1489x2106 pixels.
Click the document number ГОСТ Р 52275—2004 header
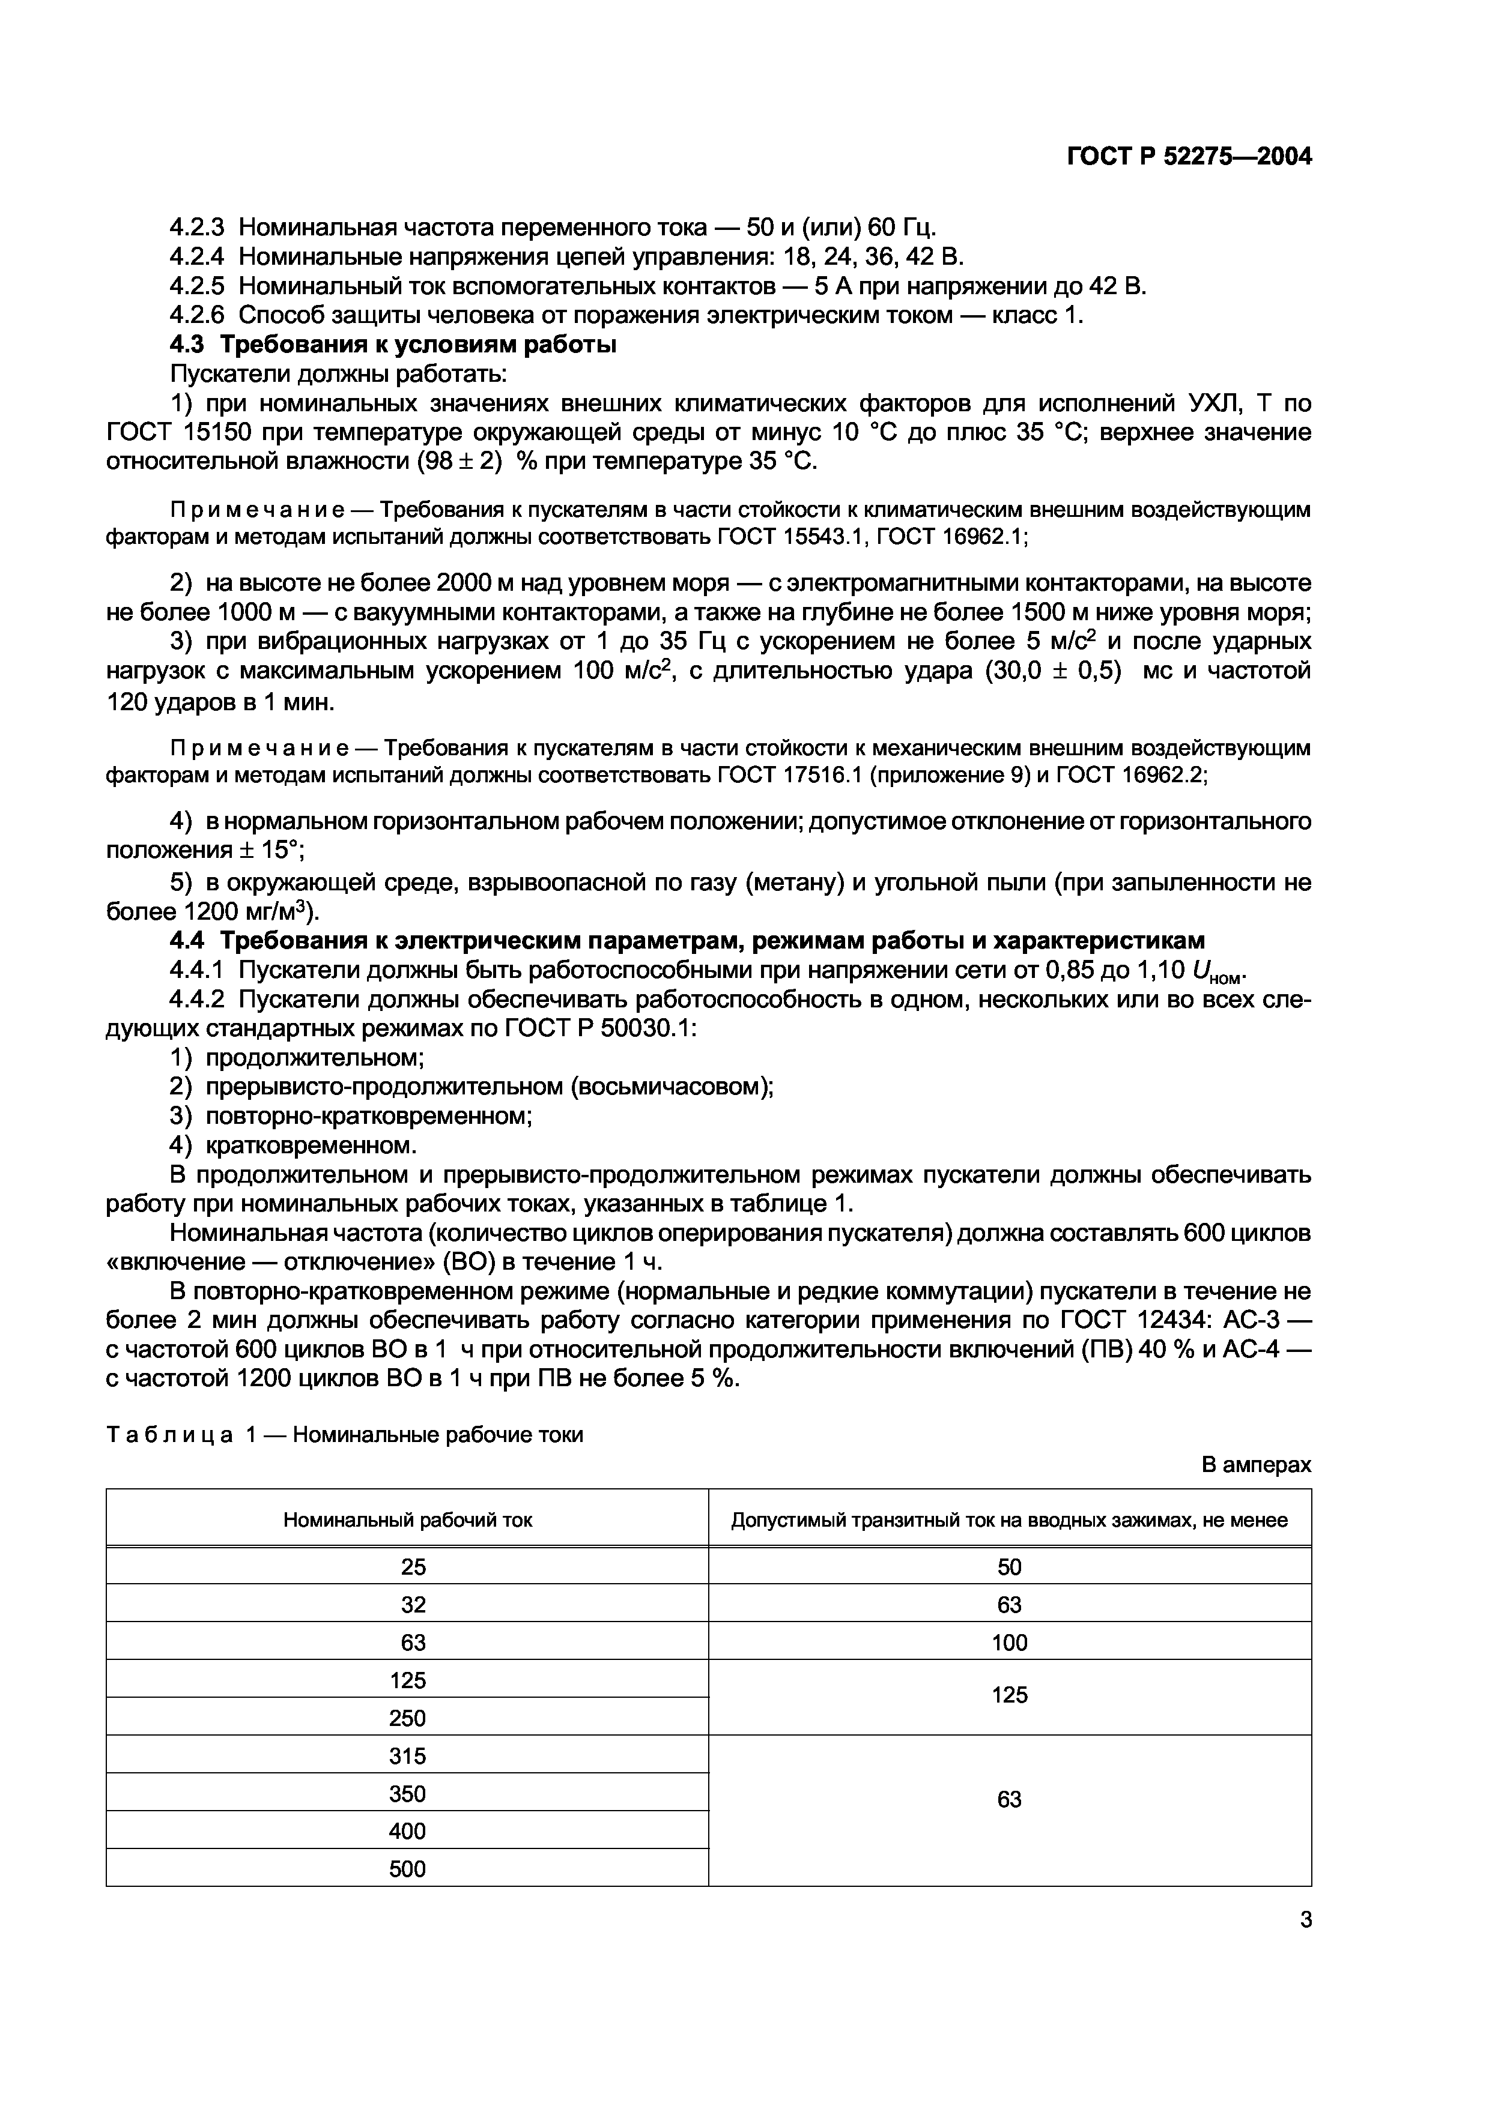pyautogui.click(x=1189, y=157)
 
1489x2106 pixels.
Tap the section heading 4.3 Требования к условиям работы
pyautogui.click(x=393, y=345)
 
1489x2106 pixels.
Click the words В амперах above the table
pyautogui.click(x=1256, y=1465)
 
